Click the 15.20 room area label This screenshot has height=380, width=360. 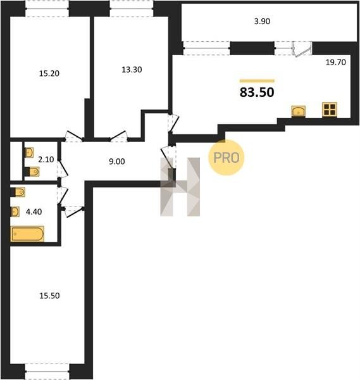click(x=49, y=73)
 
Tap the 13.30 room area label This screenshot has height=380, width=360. click(x=132, y=70)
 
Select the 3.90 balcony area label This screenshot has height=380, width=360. click(x=262, y=22)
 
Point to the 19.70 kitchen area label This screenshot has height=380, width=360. click(x=336, y=62)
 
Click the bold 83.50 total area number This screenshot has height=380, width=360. click(x=257, y=92)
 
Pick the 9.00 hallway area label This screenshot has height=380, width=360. click(x=116, y=161)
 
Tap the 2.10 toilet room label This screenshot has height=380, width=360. click(x=46, y=160)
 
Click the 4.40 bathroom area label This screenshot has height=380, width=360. click(x=34, y=212)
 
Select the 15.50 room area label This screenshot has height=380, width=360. click(x=49, y=296)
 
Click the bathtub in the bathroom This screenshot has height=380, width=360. click(x=27, y=234)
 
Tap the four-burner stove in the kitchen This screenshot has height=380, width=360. click(x=330, y=110)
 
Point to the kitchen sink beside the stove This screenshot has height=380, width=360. click(x=298, y=111)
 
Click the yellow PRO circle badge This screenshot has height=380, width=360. click(x=227, y=158)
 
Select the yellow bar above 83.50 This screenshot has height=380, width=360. click(x=257, y=81)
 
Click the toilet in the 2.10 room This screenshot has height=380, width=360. click(x=32, y=172)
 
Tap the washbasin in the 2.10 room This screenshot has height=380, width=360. click(x=29, y=153)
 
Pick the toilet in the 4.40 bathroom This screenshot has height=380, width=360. click(x=18, y=193)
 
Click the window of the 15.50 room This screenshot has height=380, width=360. click(x=47, y=371)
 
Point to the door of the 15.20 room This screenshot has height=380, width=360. click(x=74, y=136)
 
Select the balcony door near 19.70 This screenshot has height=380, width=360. click(x=302, y=49)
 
